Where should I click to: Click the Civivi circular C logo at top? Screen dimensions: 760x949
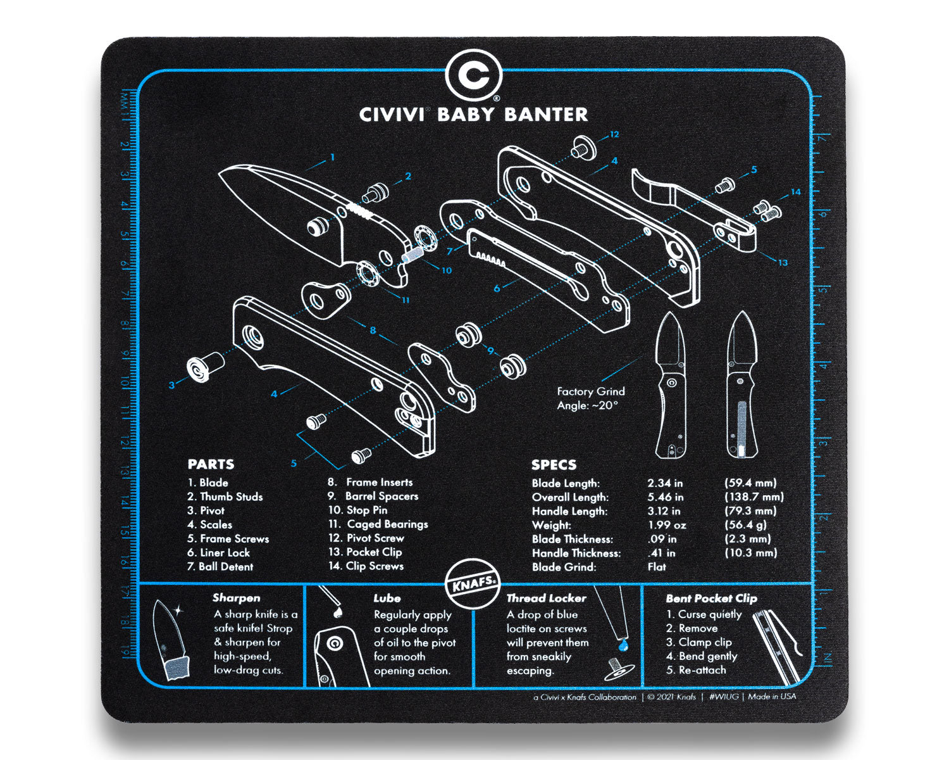tap(473, 75)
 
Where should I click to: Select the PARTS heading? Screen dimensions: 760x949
tap(211, 464)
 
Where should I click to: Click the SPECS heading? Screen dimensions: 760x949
tap(554, 465)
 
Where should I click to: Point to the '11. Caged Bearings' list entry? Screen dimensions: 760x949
tap(378, 524)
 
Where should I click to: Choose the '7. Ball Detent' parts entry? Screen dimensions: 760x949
tap(220, 567)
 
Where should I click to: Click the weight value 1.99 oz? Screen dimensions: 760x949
tap(666, 525)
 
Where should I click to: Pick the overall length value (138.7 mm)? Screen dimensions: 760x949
tap(754, 497)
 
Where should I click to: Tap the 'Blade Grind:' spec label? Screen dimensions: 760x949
tap(564, 567)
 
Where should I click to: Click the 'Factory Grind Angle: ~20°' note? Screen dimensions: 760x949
tap(590, 398)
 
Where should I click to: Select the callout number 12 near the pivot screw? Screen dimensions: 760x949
tap(614, 134)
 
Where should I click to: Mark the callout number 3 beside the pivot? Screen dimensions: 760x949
tap(171, 384)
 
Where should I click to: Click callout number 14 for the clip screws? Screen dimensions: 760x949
tap(795, 191)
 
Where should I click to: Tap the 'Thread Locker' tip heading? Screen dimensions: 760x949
tap(546, 598)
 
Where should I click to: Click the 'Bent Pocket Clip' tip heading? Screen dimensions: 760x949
tap(711, 598)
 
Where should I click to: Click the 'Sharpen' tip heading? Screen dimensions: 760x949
tap(236, 598)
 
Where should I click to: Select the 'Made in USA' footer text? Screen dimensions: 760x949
tap(772, 697)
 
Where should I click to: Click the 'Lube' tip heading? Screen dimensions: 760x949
tap(387, 598)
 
